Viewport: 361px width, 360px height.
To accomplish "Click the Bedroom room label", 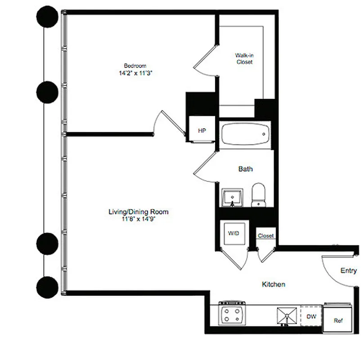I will [x=135, y=65].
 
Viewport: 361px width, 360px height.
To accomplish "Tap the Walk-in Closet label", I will [x=244, y=58].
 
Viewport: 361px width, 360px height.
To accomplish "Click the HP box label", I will [x=202, y=130].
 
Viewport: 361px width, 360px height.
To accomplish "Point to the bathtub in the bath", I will [x=245, y=134].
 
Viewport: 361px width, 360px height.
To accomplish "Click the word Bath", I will [x=245, y=169].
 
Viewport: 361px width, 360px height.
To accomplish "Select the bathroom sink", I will [x=233, y=197].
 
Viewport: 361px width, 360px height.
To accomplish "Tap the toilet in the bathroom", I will [x=258, y=194].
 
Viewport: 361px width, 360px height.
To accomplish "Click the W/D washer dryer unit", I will [x=233, y=234].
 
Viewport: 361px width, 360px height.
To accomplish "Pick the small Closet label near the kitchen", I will [x=266, y=235].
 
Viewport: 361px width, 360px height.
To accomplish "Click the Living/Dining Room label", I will [x=135, y=211].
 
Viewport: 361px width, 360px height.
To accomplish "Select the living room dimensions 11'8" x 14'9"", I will [x=135, y=219].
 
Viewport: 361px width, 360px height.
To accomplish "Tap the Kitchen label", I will [x=274, y=284].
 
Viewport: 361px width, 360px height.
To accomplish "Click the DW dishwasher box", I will [x=311, y=317].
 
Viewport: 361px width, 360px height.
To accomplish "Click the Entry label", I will [x=348, y=270].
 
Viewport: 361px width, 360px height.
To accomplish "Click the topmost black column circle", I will [x=47, y=18].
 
